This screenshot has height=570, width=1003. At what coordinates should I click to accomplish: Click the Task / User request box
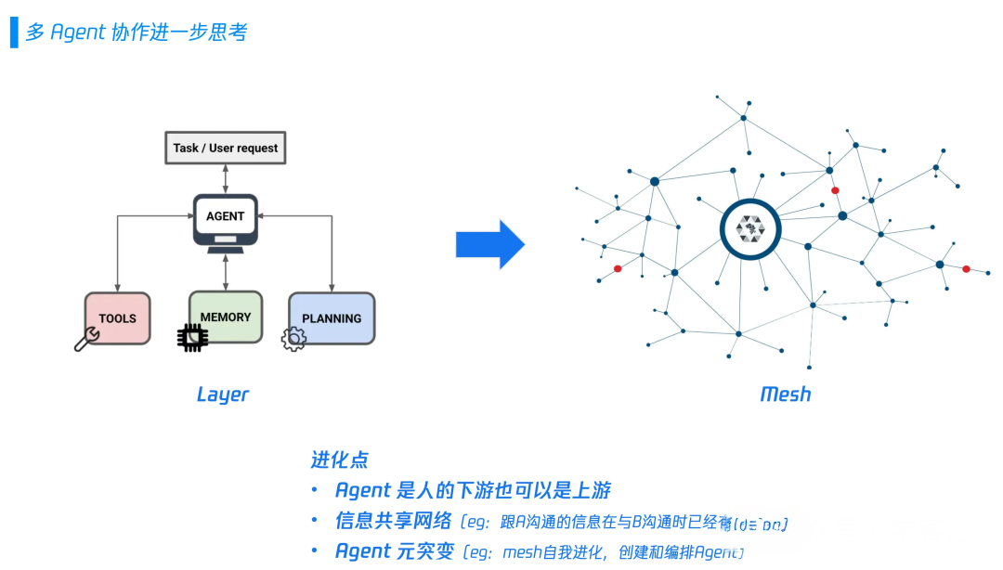225,148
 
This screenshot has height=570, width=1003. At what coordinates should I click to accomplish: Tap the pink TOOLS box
118,317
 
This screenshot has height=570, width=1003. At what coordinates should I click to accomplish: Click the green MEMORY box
226,317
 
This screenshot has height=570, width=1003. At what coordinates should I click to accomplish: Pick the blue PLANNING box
332,318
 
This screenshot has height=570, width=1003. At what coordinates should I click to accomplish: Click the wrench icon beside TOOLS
86,340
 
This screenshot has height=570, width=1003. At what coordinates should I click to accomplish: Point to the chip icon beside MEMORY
192,339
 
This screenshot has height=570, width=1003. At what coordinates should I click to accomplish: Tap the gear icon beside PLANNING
293,339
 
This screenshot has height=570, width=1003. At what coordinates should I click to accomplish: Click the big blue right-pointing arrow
490,244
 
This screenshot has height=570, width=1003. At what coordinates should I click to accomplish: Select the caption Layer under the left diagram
223,394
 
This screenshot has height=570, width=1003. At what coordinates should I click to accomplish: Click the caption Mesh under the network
786,394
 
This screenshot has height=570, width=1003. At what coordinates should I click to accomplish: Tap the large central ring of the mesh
749,229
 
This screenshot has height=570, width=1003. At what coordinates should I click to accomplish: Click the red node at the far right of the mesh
966,269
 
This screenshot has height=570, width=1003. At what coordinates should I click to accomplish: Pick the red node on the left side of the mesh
618,269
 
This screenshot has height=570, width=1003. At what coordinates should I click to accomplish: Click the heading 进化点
339,460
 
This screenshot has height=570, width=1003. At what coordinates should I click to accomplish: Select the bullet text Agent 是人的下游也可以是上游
473,490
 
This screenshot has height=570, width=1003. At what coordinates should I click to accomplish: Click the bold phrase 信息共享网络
393,521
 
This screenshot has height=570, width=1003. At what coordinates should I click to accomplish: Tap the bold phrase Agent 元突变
395,551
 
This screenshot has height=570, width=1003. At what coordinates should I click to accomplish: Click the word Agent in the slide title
79,32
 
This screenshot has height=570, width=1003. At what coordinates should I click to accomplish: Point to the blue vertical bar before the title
14,32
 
